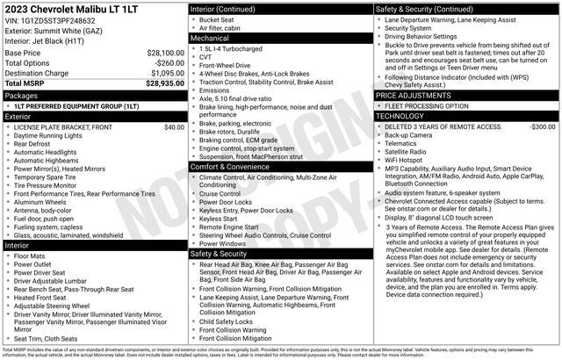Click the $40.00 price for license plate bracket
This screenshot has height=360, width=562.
point(174,127)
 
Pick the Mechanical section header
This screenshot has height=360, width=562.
point(210,39)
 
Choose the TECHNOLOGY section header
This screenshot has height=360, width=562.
point(400,116)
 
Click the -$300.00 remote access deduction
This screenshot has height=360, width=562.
point(537,127)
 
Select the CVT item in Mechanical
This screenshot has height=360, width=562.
point(206,59)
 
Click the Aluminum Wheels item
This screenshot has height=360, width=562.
point(44,201)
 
